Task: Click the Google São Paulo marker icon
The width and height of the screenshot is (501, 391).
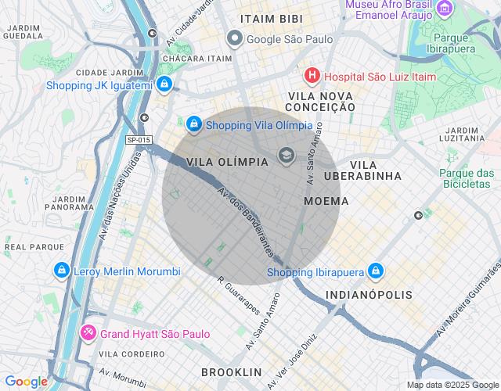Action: [234, 38]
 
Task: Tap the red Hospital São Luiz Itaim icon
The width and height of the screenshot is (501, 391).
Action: [312, 76]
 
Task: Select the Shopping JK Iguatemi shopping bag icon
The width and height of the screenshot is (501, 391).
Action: [164, 84]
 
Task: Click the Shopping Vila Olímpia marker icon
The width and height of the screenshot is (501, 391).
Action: [194, 124]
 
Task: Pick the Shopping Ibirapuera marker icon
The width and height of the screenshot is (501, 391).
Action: [376, 271]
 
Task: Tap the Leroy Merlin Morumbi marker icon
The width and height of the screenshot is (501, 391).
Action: [60, 271]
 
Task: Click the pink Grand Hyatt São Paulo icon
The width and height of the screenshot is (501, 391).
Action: [88, 333]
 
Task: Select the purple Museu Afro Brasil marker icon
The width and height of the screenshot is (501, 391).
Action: [445, 9]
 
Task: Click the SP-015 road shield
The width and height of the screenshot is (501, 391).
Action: [138, 141]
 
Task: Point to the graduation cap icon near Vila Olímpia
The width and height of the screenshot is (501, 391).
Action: [286, 156]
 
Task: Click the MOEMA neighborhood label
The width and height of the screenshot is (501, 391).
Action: [320, 202]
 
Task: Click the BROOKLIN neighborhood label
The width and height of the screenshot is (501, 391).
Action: [231, 371]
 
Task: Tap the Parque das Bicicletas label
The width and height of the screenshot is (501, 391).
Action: [467, 178]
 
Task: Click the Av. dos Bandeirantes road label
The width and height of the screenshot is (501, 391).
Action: [246, 222]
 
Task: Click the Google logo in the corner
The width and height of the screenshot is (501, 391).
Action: [26, 382]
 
